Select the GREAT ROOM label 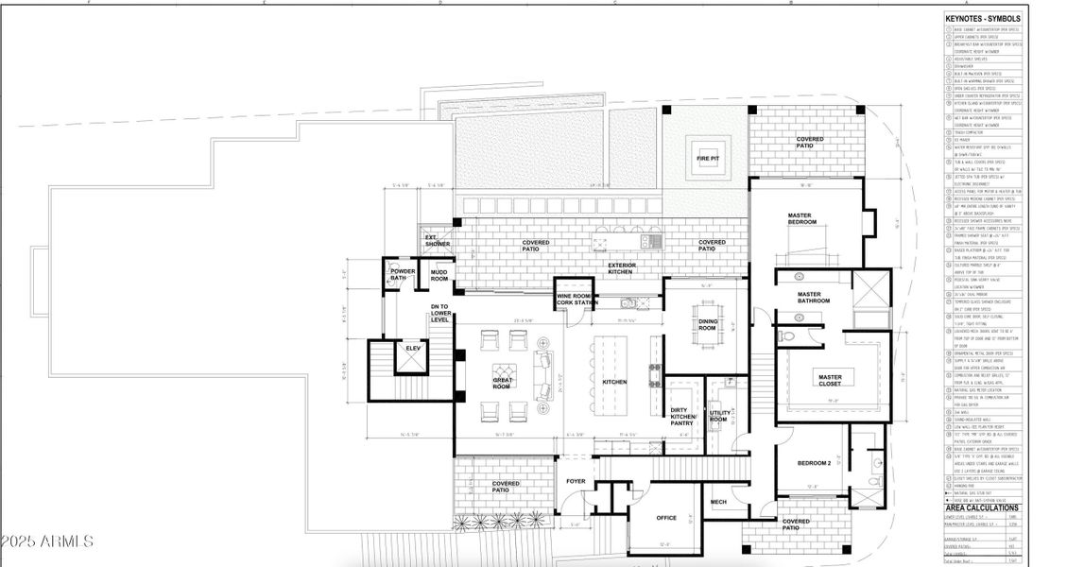[502, 384]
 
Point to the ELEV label [412, 348]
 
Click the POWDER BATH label [403, 275]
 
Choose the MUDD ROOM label [439, 275]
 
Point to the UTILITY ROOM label [718, 416]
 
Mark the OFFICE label [666, 517]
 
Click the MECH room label [718, 502]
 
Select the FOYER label [576, 481]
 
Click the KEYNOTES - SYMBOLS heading [982, 18]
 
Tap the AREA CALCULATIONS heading [982, 507]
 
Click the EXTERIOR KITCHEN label [621, 268]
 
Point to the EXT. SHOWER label [436, 240]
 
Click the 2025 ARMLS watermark [47, 541]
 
